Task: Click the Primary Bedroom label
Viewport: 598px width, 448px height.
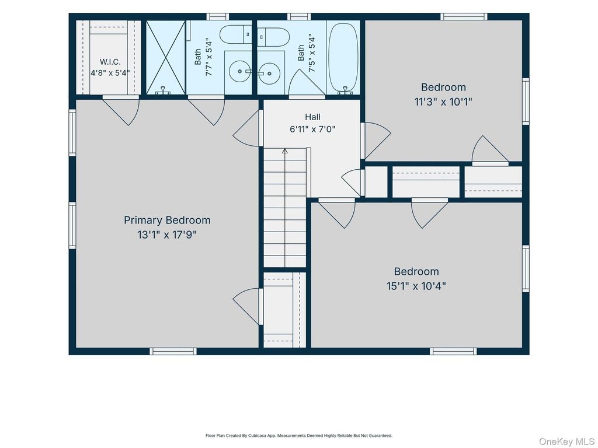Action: (x=167, y=220)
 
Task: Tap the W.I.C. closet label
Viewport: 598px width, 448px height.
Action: (x=110, y=62)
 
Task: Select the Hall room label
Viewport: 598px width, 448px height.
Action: (x=312, y=117)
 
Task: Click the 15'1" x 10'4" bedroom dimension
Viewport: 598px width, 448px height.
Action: (x=416, y=286)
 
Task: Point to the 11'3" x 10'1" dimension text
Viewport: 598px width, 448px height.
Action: (x=443, y=101)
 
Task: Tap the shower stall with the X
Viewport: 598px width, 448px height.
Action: (x=166, y=57)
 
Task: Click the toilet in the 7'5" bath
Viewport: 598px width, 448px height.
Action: (x=273, y=37)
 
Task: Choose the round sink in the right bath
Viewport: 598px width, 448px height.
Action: (x=270, y=73)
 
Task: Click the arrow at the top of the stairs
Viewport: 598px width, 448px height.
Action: (x=284, y=152)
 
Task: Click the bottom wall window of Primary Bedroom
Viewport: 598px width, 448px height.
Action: (x=173, y=351)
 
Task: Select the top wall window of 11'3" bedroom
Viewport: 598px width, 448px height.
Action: (x=464, y=16)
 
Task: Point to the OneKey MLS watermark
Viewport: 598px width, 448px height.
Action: (x=566, y=442)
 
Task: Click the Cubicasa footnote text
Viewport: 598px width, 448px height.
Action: (x=298, y=435)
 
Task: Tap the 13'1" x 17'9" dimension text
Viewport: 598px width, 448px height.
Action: (x=167, y=235)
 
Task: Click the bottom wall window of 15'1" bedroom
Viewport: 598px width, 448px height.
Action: (x=453, y=351)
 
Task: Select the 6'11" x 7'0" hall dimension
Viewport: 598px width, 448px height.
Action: (x=312, y=129)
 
